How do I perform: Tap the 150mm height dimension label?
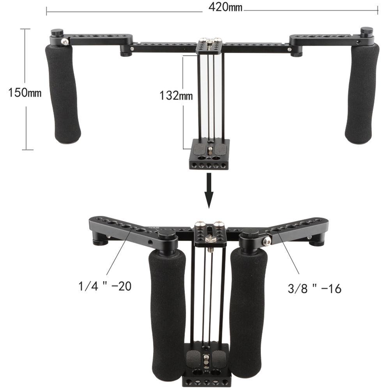[x=25, y=92]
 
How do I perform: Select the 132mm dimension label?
[x=176, y=95]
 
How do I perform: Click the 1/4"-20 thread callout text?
[x=104, y=287]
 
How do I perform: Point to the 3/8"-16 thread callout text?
[x=314, y=289]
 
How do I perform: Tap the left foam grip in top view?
[x=64, y=94]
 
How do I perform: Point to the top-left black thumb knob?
[x=58, y=33]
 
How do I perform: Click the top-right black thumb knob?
[x=366, y=32]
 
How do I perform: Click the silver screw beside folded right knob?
[x=267, y=242]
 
